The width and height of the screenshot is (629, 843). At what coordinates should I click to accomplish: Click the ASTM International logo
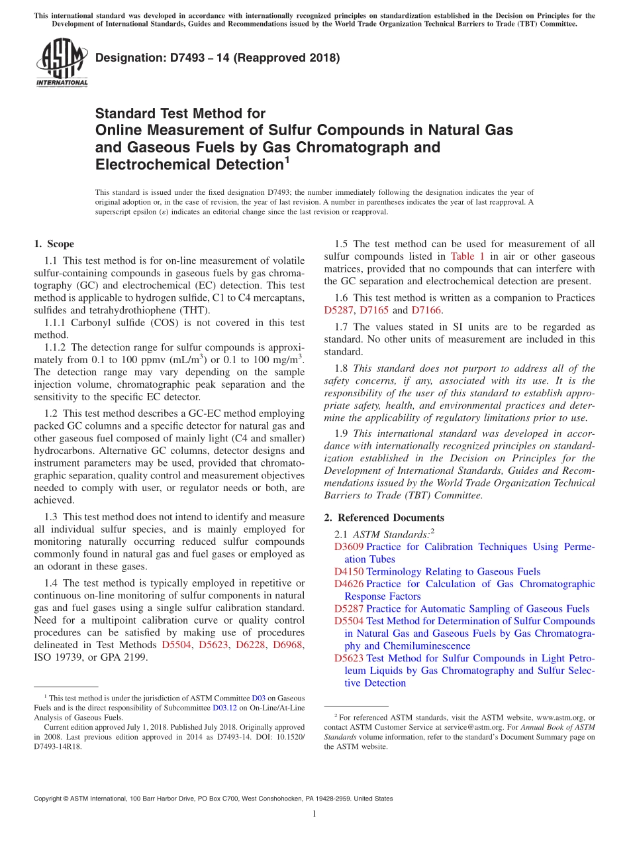click(61, 64)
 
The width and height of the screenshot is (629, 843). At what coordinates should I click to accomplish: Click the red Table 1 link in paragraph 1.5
click(467, 256)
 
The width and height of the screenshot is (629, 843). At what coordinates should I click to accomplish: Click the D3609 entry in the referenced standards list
click(348, 547)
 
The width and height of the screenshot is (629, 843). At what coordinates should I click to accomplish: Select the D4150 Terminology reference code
click(348, 571)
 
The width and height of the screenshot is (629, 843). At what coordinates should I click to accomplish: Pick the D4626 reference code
click(348, 584)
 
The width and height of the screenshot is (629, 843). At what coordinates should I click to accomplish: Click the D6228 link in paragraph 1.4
click(250, 645)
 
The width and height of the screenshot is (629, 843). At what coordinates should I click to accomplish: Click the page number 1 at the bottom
click(314, 814)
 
